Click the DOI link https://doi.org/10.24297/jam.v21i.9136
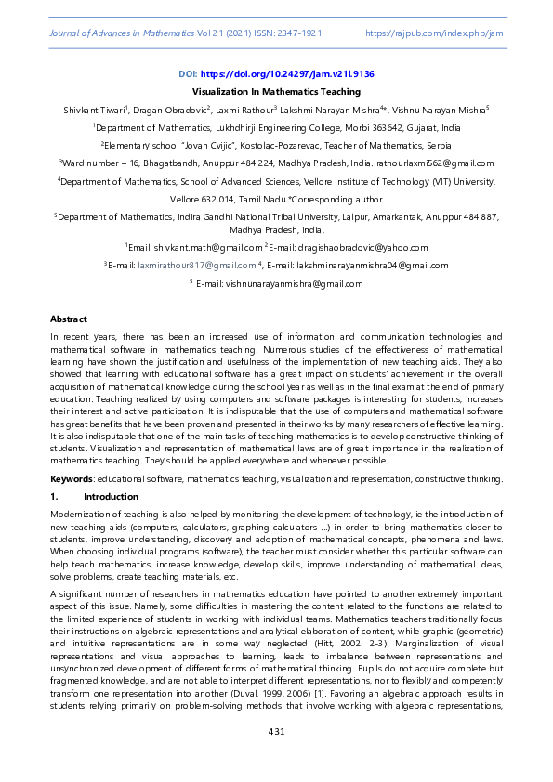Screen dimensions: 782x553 point(293,73)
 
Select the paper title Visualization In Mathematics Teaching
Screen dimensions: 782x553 point(276,92)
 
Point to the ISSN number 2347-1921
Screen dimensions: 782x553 point(299,33)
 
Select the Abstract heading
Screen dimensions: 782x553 point(68,319)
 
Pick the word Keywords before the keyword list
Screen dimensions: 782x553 point(71,478)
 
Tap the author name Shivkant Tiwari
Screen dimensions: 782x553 point(94,111)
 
